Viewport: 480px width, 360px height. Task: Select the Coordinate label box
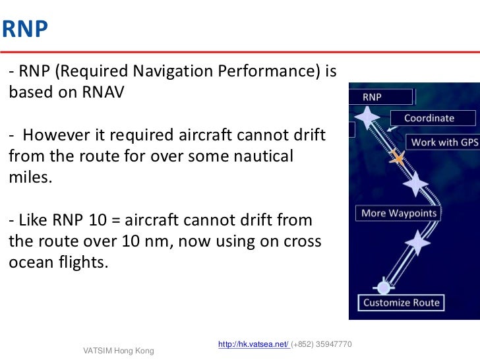pyautogui.click(x=429, y=118)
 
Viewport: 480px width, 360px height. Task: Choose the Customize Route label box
pyautogui.click(x=402, y=303)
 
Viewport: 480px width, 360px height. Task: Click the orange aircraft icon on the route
pyautogui.click(x=397, y=157)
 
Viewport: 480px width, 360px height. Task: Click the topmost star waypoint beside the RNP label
pyautogui.click(x=367, y=118)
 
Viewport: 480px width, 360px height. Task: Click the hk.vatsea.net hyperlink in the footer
pyautogui.click(x=253, y=345)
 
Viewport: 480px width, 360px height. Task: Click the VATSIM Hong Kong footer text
pyautogui.click(x=118, y=351)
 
